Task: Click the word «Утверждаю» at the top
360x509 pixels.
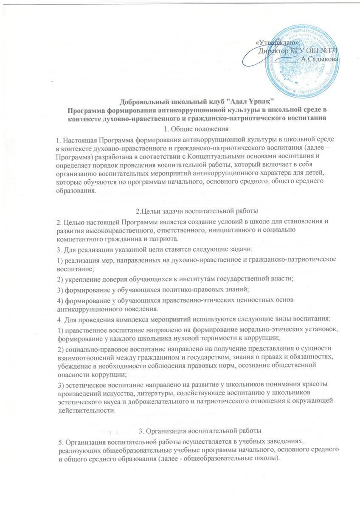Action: click(x=278, y=43)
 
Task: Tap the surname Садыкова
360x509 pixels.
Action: click(x=321, y=59)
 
